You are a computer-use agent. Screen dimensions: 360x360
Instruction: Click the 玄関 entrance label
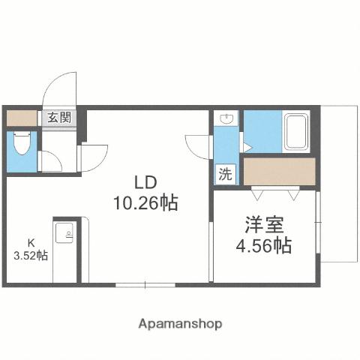pyautogui.click(x=59, y=117)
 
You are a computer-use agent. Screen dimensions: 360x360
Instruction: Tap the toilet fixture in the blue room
pyautogui.click(x=20, y=143)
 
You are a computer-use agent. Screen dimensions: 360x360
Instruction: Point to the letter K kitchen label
pyautogui.click(x=31, y=242)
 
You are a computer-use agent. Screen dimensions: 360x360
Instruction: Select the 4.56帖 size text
pyautogui.click(x=262, y=244)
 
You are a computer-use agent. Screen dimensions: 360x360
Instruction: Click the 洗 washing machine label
pyautogui.click(x=225, y=174)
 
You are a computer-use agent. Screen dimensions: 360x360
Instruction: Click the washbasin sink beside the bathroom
pyautogui.click(x=226, y=119)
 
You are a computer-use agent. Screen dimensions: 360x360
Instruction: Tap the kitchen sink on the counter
pyautogui.click(x=65, y=233)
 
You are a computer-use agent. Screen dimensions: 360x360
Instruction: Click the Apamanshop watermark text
pyautogui.click(x=180, y=324)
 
